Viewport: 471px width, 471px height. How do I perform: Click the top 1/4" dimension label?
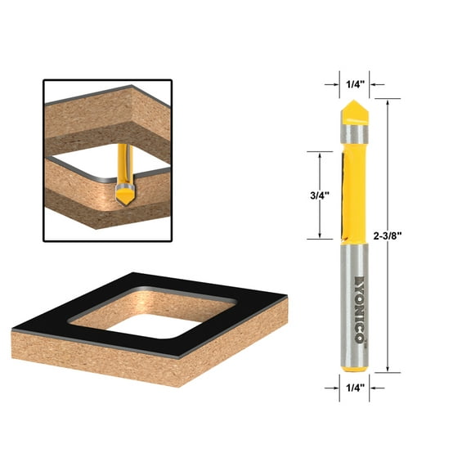click(354, 83)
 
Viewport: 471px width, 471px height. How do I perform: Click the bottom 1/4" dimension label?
click(353, 388)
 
